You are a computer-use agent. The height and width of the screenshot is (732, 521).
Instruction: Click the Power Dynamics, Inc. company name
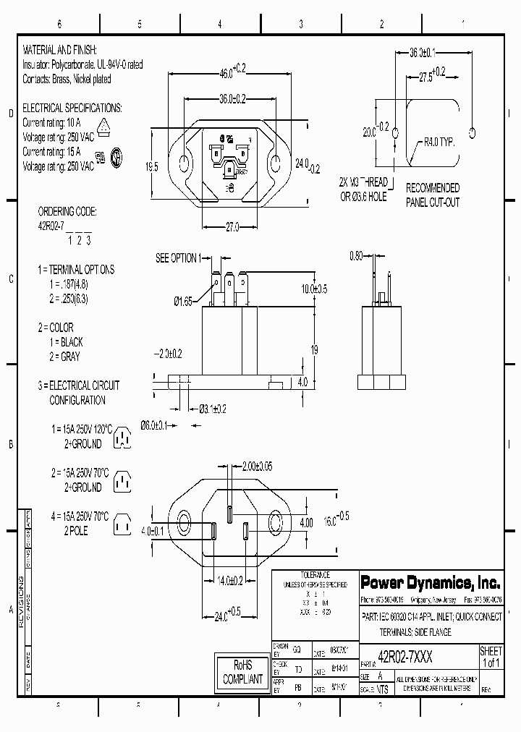tap(430, 582)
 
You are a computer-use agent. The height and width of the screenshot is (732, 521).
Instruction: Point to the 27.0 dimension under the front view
tap(230, 227)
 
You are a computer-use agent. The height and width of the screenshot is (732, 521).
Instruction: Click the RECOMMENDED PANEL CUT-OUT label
tap(433, 195)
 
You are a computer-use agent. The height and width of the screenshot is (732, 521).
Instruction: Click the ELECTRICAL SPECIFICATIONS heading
tap(72, 108)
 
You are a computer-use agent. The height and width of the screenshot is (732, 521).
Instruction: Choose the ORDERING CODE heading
tap(67, 213)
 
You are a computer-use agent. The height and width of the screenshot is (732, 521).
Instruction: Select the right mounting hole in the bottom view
tap(279, 523)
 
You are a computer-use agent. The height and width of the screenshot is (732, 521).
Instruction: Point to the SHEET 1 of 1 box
tap(491, 656)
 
